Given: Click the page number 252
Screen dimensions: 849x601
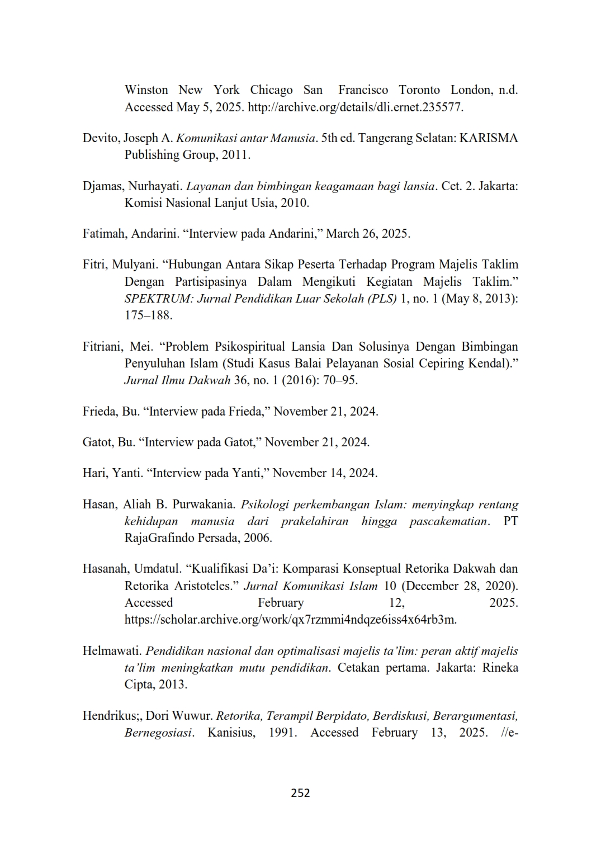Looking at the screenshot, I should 300,793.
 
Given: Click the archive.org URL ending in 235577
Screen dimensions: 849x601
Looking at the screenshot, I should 355,107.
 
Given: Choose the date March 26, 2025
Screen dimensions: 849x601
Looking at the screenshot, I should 368,233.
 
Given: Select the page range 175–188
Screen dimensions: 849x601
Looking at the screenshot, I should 148,315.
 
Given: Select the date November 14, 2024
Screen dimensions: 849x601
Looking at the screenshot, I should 325,473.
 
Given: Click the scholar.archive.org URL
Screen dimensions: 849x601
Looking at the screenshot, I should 291,619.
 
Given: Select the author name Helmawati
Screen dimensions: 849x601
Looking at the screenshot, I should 112,651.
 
